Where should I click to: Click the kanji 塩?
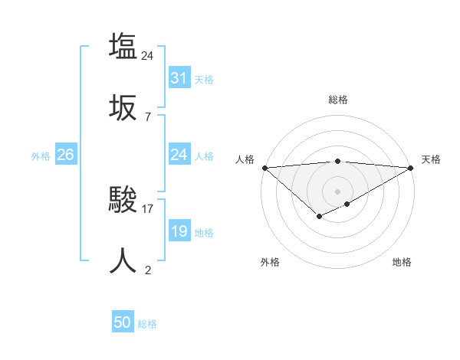click(x=123, y=46)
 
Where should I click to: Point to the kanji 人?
click(x=123, y=261)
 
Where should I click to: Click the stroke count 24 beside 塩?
click(x=148, y=55)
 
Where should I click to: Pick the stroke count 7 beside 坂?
click(x=148, y=116)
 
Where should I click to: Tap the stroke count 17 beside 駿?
click(x=148, y=208)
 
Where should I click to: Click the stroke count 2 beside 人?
click(x=148, y=270)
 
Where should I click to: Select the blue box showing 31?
click(x=179, y=77)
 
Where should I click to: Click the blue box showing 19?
click(x=179, y=231)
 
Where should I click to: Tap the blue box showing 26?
click(x=65, y=155)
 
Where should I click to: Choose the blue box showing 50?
click(x=122, y=323)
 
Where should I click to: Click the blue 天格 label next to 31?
click(x=204, y=79)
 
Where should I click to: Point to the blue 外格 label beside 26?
click(x=41, y=156)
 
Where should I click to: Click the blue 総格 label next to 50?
click(x=147, y=325)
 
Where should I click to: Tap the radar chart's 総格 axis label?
click(x=337, y=100)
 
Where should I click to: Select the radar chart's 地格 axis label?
click(x=402, y=262)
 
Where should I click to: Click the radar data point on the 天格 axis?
click(x=412, y=168)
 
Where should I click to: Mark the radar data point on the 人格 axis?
click(x=264, y=168)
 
